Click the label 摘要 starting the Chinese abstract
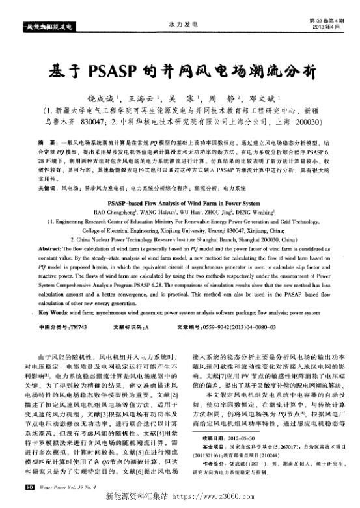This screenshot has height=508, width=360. [x=46, y=141]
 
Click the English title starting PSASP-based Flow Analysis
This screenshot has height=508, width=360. [x=180, y=203]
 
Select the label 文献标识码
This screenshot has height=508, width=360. [x=128, y=326]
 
